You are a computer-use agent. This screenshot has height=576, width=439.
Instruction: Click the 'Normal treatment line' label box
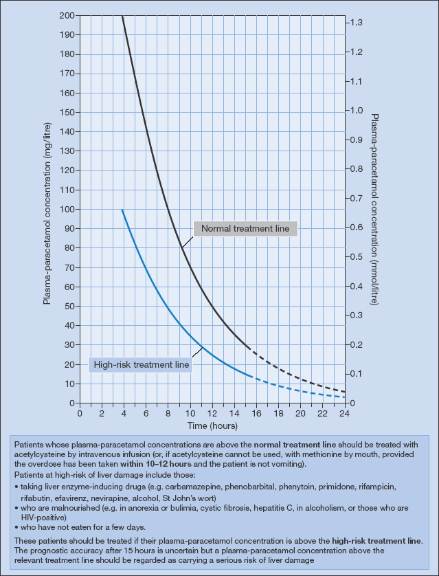[245, 228]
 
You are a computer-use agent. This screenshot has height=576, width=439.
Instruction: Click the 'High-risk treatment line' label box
[140, 364]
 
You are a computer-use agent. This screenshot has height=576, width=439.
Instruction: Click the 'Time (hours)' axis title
[212, 427]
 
